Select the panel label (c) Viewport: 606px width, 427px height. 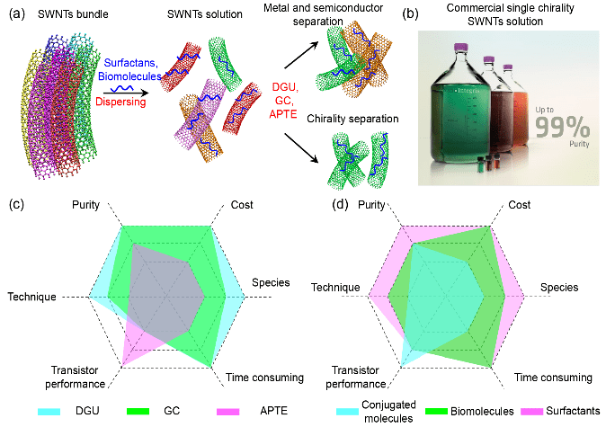click(15, 204)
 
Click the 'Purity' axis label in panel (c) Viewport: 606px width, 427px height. click(86, 206)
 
